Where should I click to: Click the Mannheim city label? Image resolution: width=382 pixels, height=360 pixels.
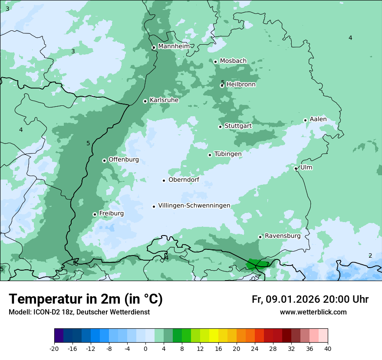click(x=174, y=46)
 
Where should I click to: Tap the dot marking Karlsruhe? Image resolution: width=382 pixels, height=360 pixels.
click(x=145, y=101)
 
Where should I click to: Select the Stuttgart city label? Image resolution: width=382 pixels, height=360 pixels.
click(x=238, y=126)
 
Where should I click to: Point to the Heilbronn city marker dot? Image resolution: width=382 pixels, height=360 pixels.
click(x=222, y=85)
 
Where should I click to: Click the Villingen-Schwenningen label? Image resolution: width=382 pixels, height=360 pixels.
click(x=194, y=206)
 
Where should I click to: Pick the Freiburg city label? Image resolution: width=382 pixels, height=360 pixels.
click(x=111, y=213)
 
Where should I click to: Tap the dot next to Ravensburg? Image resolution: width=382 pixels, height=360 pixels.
click(x=260, y=237)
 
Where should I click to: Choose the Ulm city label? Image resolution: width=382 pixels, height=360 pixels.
click(x=306, y=167)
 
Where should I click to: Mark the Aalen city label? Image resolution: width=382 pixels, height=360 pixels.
click(x=318, y=119)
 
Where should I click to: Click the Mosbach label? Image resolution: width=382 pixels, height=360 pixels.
click(x=233, y=61)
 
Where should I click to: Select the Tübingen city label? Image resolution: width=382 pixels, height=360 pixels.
click(x=227, y=154)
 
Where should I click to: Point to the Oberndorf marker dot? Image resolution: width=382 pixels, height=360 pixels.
click(x=164, y=180)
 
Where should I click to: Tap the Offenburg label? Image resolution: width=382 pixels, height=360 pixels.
click(x=124, y=160)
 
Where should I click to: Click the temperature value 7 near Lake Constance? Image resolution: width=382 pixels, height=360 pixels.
click(x=267, y=264)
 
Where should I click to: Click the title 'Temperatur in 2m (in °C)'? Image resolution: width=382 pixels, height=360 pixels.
click(x=86, y=299)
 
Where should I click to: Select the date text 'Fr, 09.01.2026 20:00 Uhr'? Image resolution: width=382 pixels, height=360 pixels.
click(x=310, y=299)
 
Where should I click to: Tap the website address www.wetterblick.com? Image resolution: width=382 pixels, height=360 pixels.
click(x=313, y=312)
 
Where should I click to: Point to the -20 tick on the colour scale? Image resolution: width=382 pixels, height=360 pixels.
click(x=54, y=349)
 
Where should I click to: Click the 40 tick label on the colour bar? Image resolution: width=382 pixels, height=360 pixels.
click(x=327, y=349)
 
